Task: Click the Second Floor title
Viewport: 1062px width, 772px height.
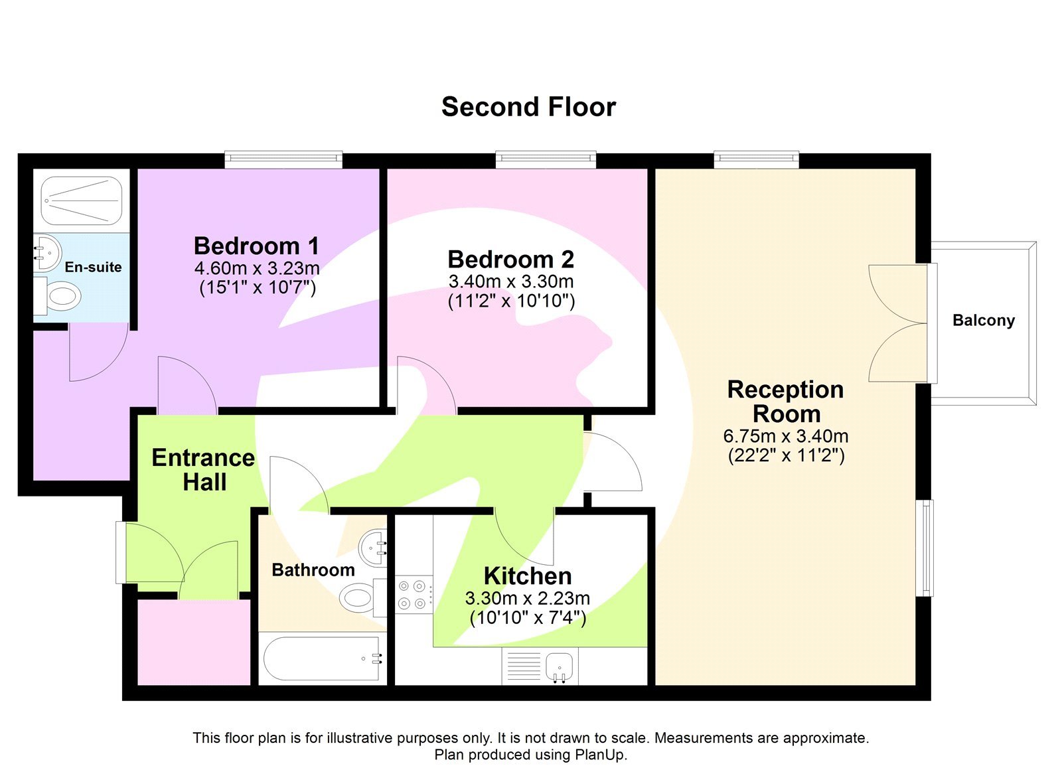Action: click(x=528, y=107)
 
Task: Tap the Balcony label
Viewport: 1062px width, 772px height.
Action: click(x=983, y=321)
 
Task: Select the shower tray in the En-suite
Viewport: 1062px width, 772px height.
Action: click(x=82, y=200)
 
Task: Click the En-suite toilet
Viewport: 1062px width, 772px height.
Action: click(x=59, y=296)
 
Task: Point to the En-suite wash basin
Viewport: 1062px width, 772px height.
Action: click(x=48, y=252)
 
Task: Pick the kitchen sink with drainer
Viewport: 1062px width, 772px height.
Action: click(x=540, y=666)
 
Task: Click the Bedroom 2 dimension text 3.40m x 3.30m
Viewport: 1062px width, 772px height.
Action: click(x=511, y=281)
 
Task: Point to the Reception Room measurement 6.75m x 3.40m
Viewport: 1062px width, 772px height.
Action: click(x=786, y=436)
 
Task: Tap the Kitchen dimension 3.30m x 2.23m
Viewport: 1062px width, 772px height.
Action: click(x=528, y=598)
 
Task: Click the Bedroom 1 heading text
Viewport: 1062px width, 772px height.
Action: click(x=256, y=246)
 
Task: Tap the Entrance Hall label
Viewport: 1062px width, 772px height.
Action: click(x=203, y=469)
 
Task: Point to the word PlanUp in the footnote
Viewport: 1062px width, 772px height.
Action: click(x=599, y=755)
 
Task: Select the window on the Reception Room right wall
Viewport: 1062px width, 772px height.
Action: click(x=925, y=548)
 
